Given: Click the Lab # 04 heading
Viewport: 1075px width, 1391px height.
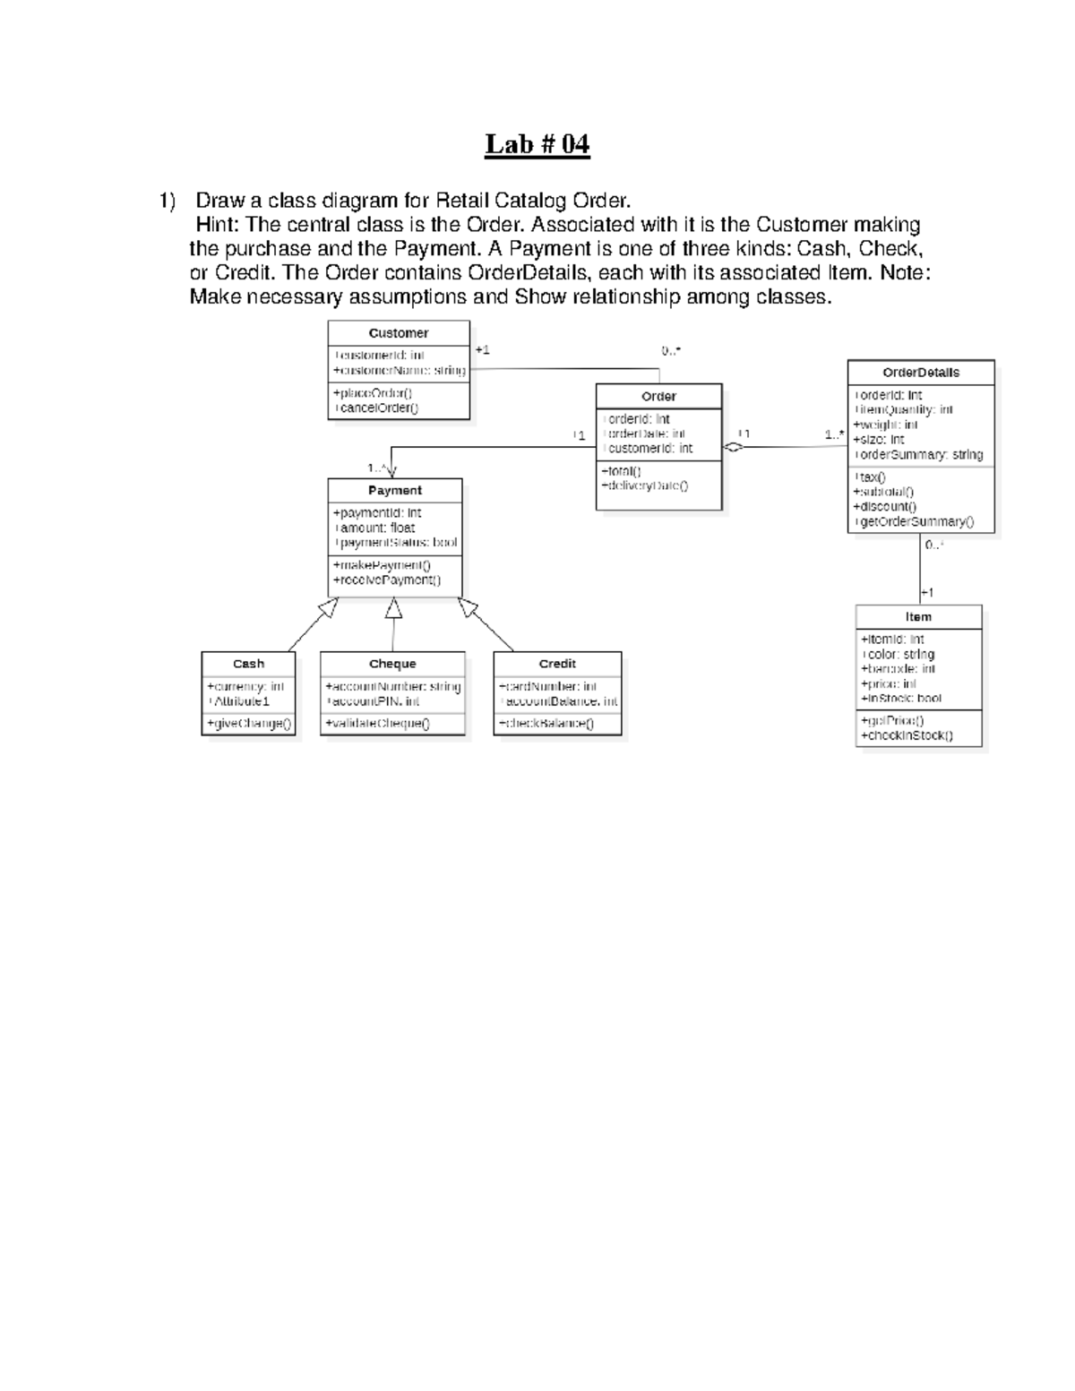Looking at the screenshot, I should click(x=537, y=144).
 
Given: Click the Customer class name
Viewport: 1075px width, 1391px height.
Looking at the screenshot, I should click(x=399, y=333).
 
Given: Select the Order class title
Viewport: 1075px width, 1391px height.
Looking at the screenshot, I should click(x=658, y=397).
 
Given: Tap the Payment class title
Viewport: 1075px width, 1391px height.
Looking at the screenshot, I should click(x=395, y=491).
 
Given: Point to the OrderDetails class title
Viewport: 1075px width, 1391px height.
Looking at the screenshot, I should click(x=921, y=373).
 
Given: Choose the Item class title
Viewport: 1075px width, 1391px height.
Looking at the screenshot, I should click(x=918, y=617).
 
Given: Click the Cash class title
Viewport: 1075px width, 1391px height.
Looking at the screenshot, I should click(x=248, y=664).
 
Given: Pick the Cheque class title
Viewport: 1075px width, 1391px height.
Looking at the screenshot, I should click(x=392, y=664).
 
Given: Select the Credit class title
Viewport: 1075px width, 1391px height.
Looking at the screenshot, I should click(x=557, y=664).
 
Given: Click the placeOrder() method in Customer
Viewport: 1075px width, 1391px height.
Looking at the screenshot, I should click(x=373, y=393).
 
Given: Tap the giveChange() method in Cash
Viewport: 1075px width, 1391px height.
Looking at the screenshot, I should click(x=249, y=724).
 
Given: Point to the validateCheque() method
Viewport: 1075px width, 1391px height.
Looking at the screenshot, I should click(x=377, y=724).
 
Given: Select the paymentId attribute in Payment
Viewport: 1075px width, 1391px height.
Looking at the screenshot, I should click(x=377, y=513).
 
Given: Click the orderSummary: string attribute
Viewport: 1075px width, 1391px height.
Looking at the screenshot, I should click(x=918, y=455).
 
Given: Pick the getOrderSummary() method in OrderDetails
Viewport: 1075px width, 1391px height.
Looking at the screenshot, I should click(x=913, y=521).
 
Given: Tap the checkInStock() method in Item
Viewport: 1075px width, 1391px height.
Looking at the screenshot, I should click(x=907, y=736).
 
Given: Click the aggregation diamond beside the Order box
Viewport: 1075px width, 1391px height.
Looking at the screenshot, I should click(x=734, y=448).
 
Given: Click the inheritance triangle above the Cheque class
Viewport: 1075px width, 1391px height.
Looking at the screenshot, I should click(x=393, y=609).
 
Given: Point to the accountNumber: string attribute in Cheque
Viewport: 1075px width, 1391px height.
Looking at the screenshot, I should click(x=393, y=687).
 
